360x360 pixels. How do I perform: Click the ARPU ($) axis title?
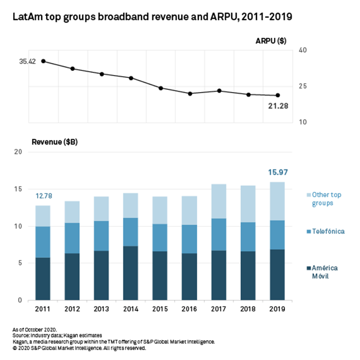(x=270, y=41)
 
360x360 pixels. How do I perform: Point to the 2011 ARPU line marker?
(x=43, y=61)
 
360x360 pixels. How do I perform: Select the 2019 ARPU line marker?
(x=278, y=95)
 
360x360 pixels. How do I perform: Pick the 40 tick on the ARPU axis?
(x=302, y=50)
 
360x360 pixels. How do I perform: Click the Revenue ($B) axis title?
(x=54, y=142)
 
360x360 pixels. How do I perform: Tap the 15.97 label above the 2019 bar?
(x=278, y=173)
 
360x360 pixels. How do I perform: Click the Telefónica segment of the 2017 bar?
(x=219, y=235)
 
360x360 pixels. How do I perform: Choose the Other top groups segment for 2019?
(x=278, y=201)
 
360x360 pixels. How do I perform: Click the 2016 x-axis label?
(x=190, y=310)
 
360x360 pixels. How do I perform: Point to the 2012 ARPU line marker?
(x=72, y=68)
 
